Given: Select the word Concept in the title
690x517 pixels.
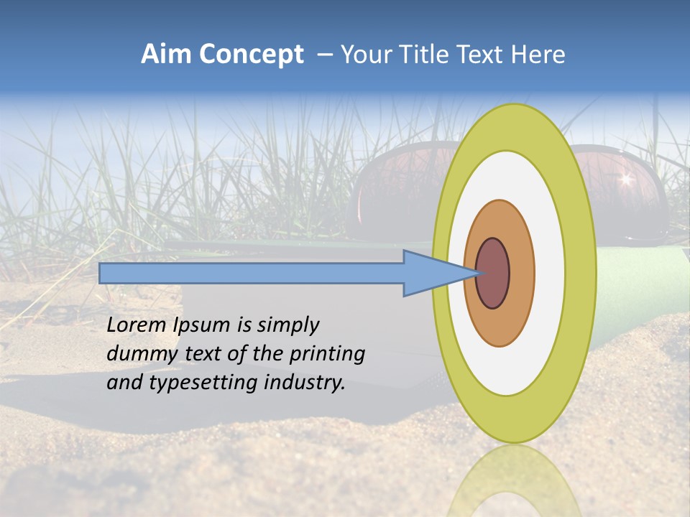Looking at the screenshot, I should [x=250, y=55].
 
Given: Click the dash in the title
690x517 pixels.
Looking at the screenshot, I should [x=324, y=55].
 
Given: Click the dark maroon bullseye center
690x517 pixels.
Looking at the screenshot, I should [x=493, y=274].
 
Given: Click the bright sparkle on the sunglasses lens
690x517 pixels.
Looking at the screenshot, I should [x=625, y=178].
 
